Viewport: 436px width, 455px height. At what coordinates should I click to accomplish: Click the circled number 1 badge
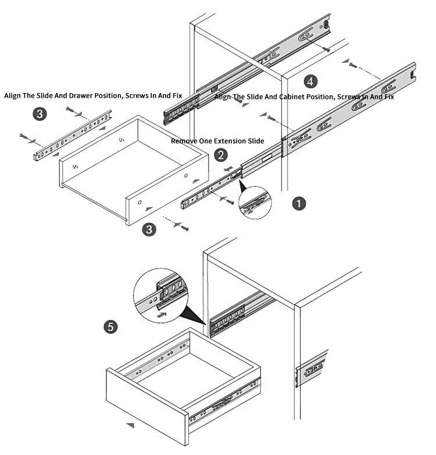298,203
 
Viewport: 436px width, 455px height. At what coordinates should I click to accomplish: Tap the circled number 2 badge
221,155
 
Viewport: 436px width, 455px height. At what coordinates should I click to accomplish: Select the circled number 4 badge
311,81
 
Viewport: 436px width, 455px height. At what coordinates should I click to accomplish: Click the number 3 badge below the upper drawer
150,229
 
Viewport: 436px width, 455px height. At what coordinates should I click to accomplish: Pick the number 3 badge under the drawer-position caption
39,114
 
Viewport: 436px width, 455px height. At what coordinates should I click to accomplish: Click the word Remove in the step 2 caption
185,141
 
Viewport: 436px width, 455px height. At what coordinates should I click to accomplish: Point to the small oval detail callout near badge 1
255,202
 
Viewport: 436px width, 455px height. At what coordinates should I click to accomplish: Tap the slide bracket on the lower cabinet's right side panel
310,367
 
